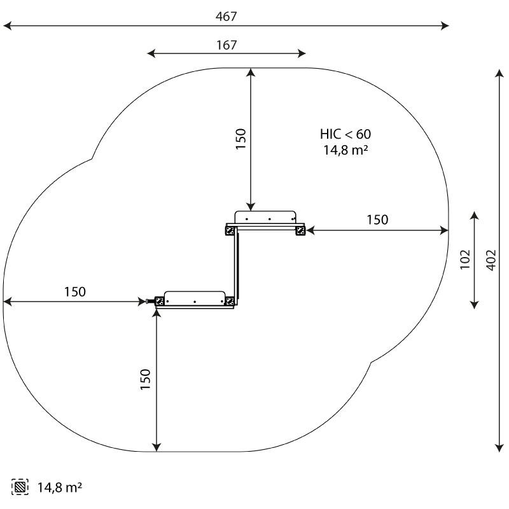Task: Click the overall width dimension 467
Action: (x=227, y=17)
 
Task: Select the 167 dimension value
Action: (x=227, y=45)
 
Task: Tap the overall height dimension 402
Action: (x=491, y=260)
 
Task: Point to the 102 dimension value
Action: (x=465, y=260)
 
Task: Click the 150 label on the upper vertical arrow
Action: (x=241, y=139)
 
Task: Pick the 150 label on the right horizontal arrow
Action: (x=377, y=220)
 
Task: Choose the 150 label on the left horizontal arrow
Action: (x=75, y=292)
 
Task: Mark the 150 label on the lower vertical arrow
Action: (x=146, y=379)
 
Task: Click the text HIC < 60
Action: (x=345, y=134)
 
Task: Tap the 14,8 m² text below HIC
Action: (x=345, y=150)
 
